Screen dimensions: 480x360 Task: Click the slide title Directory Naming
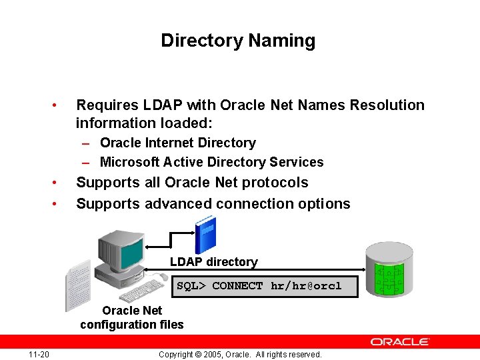[238, 41]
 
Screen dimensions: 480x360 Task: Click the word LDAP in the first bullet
[165, 105]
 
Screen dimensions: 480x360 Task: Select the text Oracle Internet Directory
[177, 143]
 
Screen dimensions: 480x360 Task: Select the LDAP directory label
[213, 262]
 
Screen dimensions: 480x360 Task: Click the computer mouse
[163, 277]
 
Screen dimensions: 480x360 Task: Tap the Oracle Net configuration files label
[132, 317]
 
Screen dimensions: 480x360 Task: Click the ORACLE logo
[400, 341]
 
